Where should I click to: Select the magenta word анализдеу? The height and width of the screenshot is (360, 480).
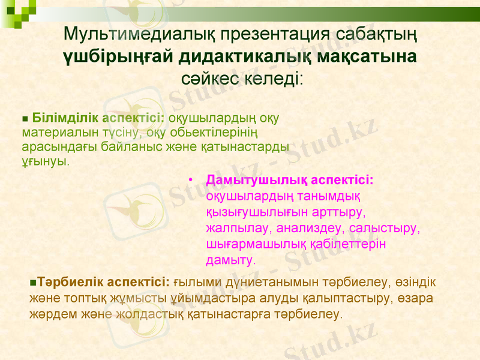(303, 229)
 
